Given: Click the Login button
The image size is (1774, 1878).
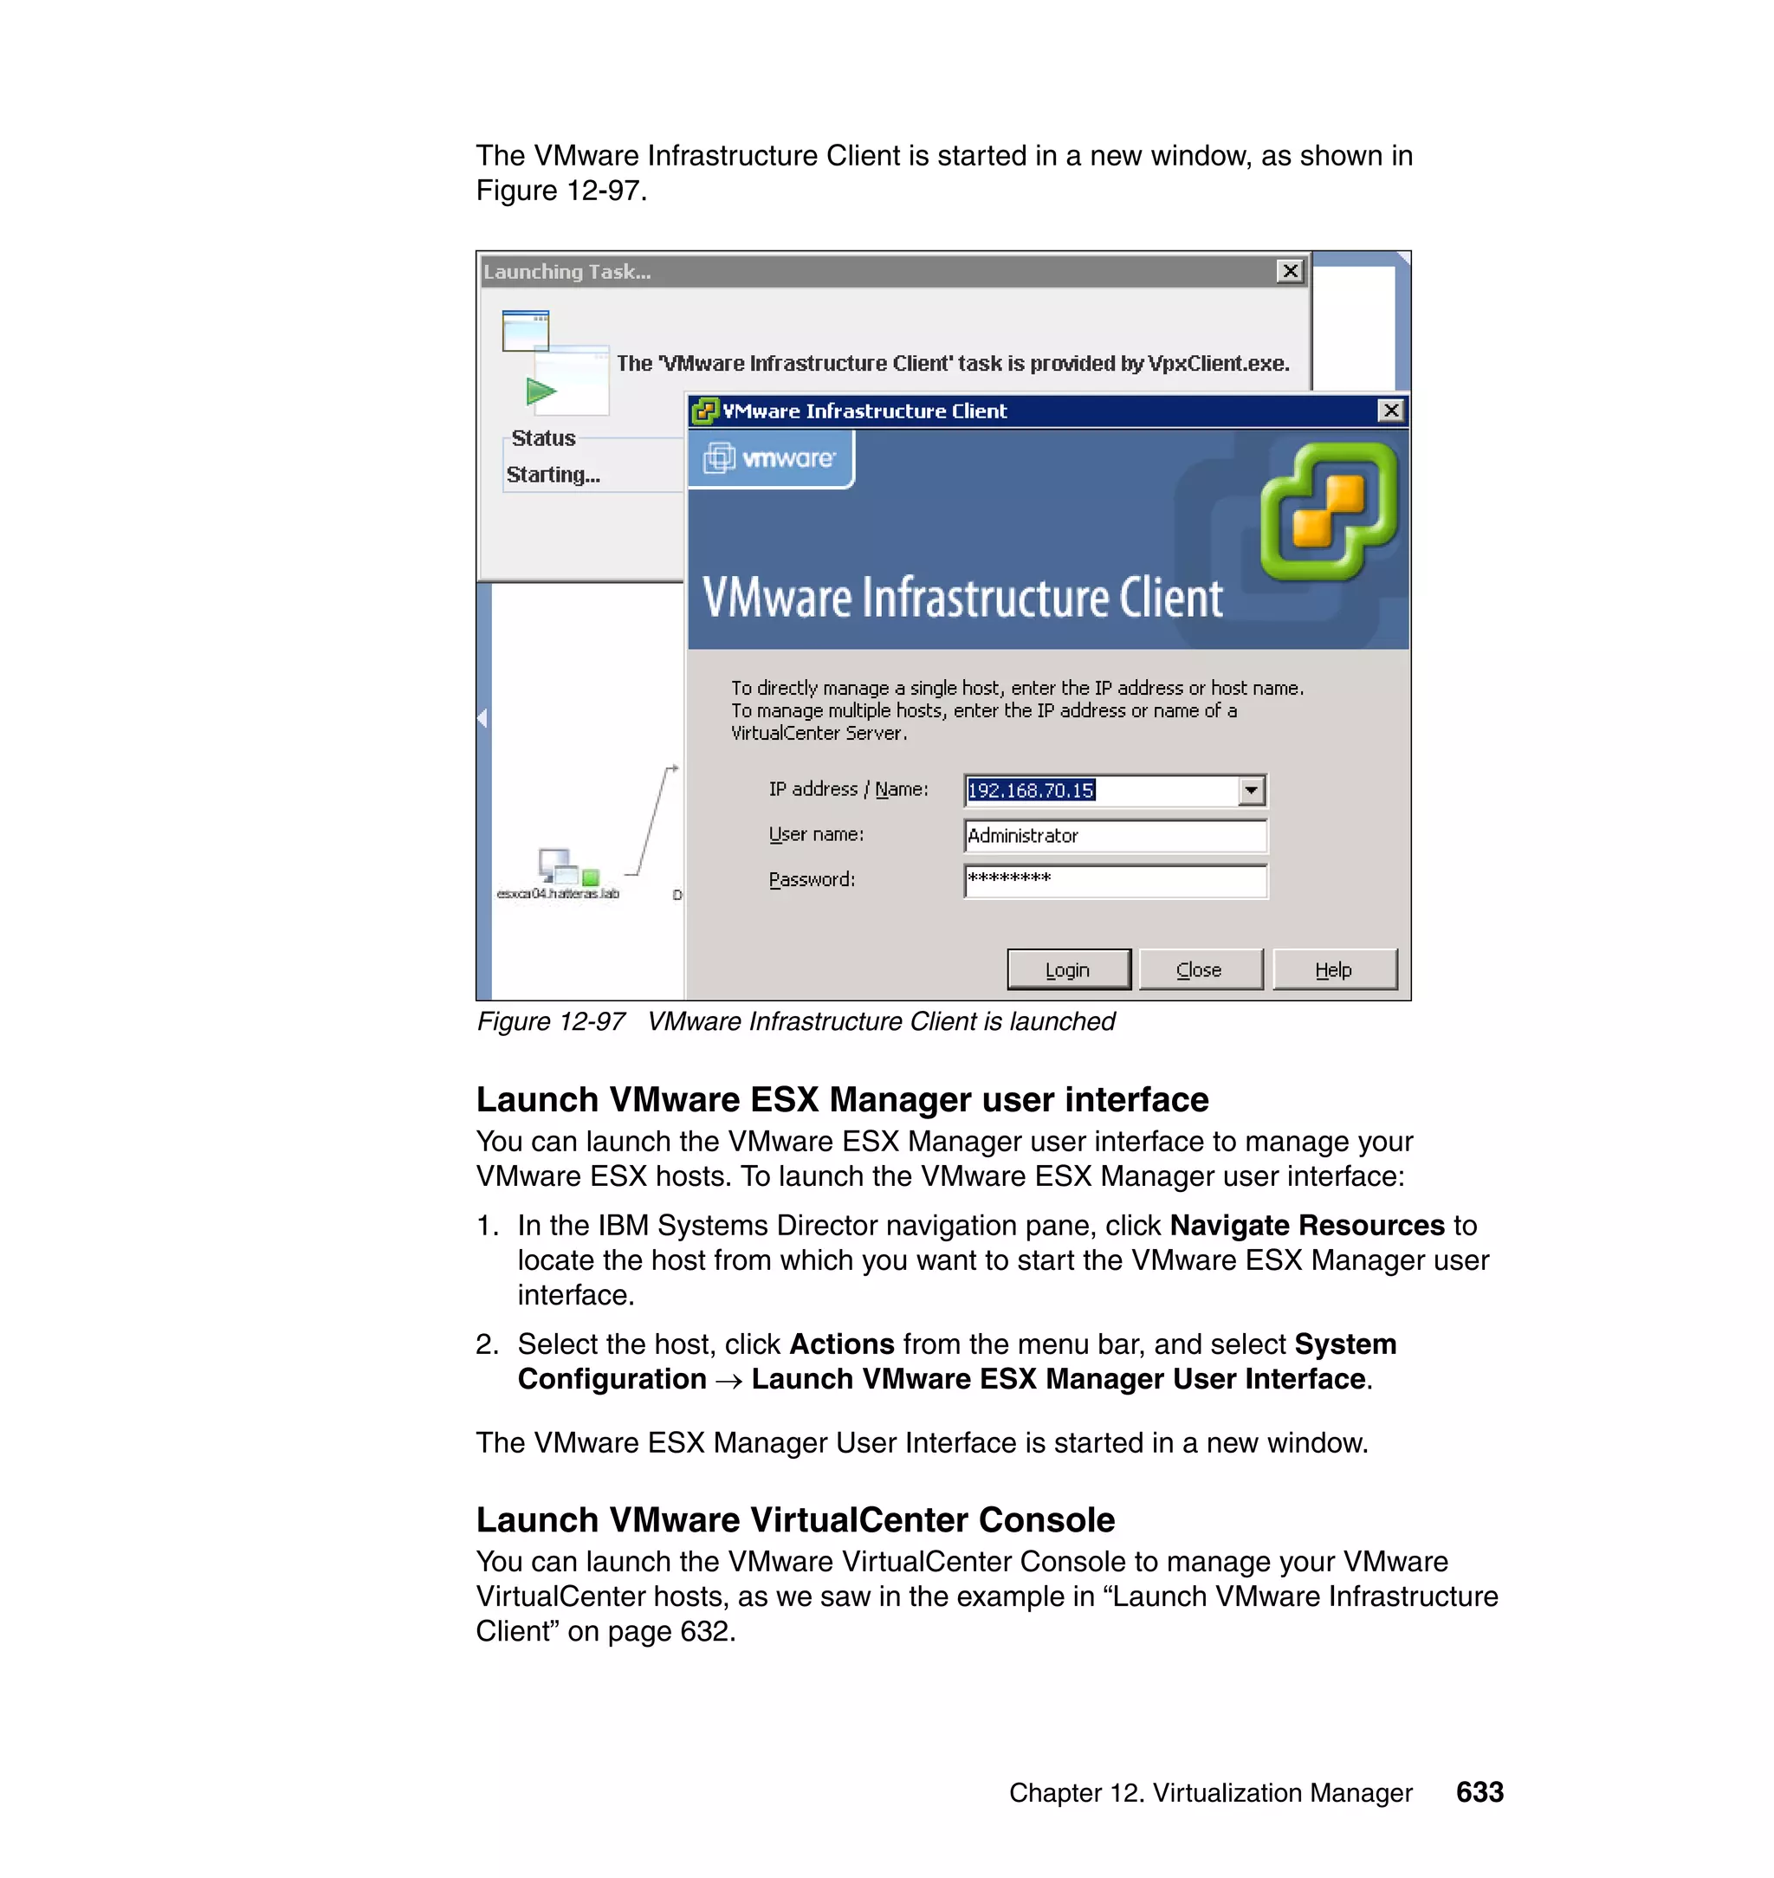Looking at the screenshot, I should coord(1068,969).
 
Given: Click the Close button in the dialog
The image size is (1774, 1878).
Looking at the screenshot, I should coord(1199,969).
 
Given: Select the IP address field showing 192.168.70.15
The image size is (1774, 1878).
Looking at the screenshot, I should coord(1101,790).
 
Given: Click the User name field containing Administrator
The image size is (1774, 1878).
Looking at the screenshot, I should coord(1114,835).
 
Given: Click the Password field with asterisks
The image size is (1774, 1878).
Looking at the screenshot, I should coord(1114,880).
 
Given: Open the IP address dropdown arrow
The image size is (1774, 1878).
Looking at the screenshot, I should coord(1251,790).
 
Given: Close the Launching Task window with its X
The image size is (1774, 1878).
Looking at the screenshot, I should coord(1289,271).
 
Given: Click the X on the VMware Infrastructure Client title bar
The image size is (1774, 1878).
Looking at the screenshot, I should coord(1390,411).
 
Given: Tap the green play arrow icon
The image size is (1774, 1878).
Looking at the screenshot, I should coord(541,391).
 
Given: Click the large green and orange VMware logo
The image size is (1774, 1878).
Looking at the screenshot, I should coord(1329,510).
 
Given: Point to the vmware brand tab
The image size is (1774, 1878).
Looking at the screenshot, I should coord(771,458).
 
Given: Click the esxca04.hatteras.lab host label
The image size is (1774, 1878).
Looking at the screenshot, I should coord(558,894).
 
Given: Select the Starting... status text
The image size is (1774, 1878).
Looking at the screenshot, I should coord(554,475).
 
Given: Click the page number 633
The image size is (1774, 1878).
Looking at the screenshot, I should coord(1479,1792).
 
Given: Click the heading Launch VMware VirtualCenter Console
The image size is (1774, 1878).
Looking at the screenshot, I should coord(795,1519).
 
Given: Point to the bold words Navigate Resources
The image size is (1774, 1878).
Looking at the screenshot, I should coord(1307,1225).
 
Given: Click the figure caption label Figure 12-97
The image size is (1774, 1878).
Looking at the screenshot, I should coord(550,1021).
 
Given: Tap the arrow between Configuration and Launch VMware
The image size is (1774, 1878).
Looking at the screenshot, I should coord(728,1381).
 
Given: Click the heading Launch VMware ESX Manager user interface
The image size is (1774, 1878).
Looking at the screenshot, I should coord(842,1098).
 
